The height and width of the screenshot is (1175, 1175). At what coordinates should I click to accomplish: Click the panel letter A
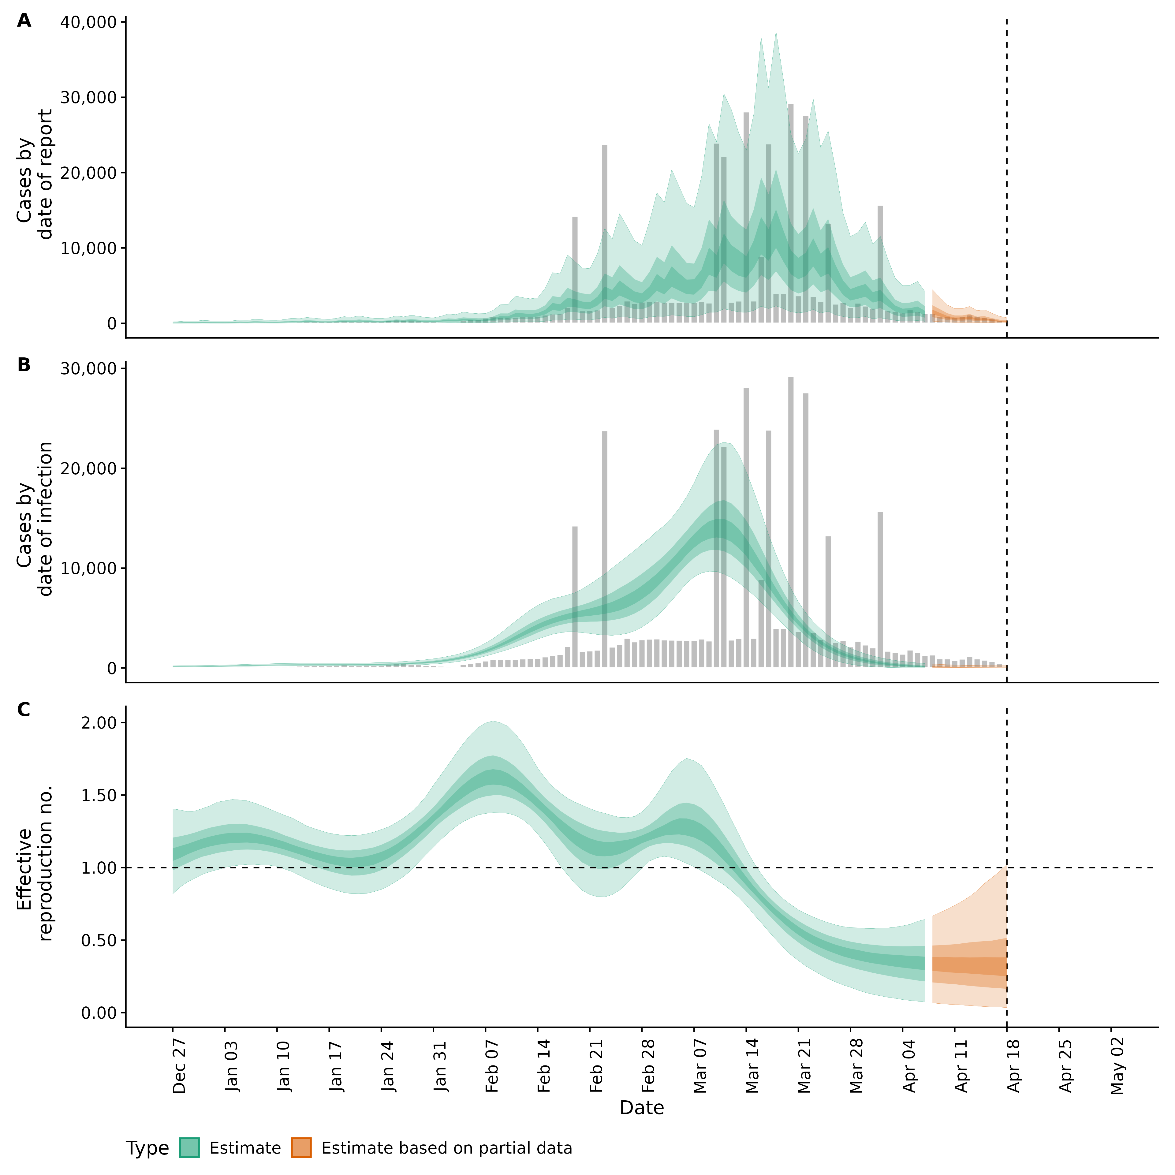pos(24,21)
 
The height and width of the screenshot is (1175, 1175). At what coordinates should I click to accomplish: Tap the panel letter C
pos(24,710)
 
